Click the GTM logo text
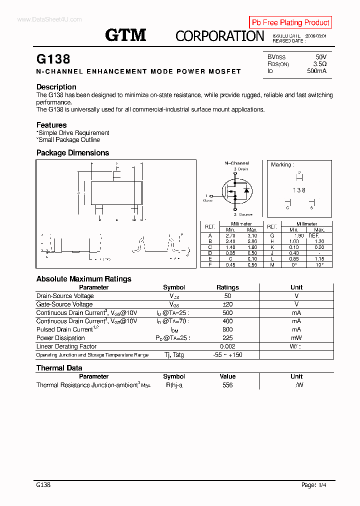(x=125, y=35)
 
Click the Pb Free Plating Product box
(x=290, y=22)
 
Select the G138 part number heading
(x=53, y=59)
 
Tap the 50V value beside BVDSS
(x=321, y=57)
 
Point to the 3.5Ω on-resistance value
(x=320, y=64)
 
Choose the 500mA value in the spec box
(x=316, y=71)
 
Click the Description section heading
(x=56, y=87)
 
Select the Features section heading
(x=51, y=125)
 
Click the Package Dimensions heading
(x=72, y=153)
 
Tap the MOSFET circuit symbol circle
(x=235, y=192)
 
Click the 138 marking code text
(x=299, y=190)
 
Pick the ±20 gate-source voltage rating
(x=227, y=304)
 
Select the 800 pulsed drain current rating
(x=227, y=329)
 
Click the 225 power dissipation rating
(x=227, y=338)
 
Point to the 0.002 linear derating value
(x=227, y=346)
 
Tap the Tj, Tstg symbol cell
(x=173, y=355)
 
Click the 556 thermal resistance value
(x=227, y=385)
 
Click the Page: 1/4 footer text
(x=316, y=485)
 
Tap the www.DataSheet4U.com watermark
(x=49, y=19)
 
